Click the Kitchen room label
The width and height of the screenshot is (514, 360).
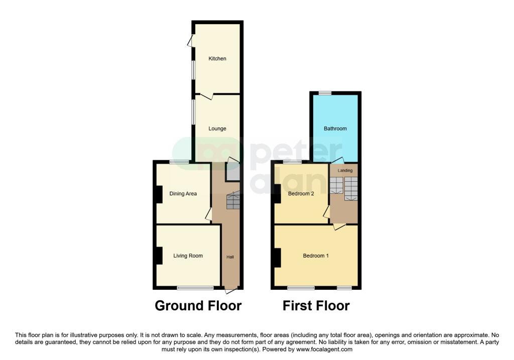[217, 59]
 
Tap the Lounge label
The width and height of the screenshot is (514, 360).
[217, 129]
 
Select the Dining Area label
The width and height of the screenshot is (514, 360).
[183, 193]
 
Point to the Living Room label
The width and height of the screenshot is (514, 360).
[188, 256]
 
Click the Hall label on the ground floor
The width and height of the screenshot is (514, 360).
[230, 257]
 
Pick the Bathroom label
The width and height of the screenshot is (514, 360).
[335, 129]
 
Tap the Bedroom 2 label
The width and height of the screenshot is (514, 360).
[301, 193]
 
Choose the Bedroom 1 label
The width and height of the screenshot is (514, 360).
[316, 256]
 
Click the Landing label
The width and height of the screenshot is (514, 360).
[345, 171]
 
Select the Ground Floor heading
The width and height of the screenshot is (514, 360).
[198, 305]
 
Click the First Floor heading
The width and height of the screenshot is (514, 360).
[316, 305]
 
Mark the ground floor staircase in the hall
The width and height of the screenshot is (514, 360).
[233, 201]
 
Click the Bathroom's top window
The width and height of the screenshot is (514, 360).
[324, 93]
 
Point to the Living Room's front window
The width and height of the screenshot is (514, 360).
[195, 288]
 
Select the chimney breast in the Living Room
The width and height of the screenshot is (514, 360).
[159, 256]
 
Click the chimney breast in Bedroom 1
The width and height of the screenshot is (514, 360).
[277, 257]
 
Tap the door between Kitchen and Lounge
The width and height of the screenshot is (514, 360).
[206, 95]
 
